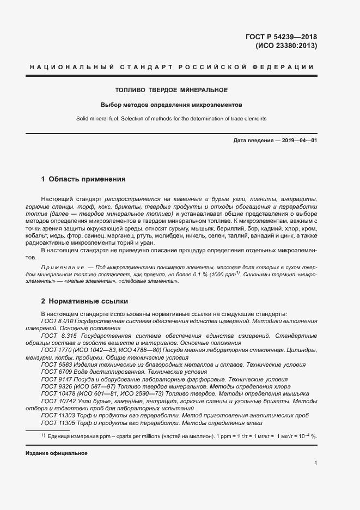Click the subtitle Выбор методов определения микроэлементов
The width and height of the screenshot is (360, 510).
click(171, 105)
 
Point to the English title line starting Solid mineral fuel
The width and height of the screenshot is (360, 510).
click(171, 119)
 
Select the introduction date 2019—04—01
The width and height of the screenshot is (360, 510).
click(298, 141)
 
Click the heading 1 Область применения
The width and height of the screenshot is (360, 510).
click(83, 179)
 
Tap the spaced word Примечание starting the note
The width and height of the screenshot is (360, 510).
click(63, 268)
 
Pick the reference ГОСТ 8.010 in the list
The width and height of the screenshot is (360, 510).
click(56, 321)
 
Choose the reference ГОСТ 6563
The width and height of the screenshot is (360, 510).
click(53, 364)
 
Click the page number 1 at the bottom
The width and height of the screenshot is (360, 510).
click(316, 463)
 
